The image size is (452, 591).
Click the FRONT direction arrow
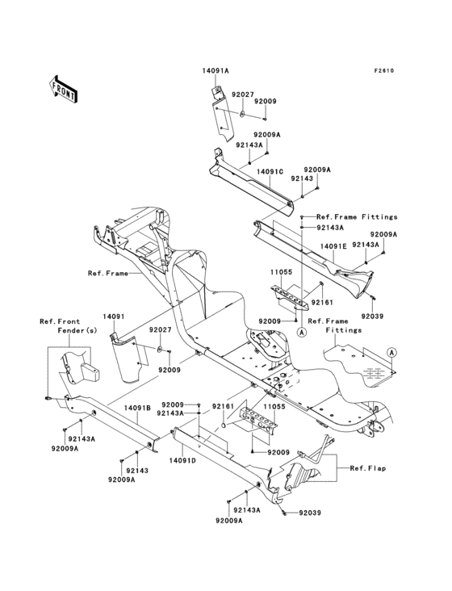[x=63, y=89]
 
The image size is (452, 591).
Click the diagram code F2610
[x=384, y=70]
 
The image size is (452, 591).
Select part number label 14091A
[x=216, y=70]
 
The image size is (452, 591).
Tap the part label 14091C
[x=270, y=171]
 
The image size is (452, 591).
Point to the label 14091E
[x=333, y=245]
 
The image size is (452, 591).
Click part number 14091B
[x=137, y=408]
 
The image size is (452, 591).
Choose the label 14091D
[x=182, y=460]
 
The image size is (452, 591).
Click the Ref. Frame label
[x=108, y=273]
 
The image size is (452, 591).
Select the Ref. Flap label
[x=368, y=468]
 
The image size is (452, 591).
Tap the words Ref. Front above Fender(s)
[x=60, y=321]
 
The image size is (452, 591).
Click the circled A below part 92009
[x=301, y=332]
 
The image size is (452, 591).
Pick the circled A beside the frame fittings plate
[x=392, y=352]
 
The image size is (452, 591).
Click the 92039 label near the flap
[x=310, y=513]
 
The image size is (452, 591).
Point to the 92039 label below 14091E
[x=372, y=316]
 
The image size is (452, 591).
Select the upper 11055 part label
[x=281, y=272]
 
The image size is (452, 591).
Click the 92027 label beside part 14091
[x=160, y=329]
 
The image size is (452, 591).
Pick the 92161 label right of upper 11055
[x=322, y=302]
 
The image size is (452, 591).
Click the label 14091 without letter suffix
[x=114, y=316]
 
